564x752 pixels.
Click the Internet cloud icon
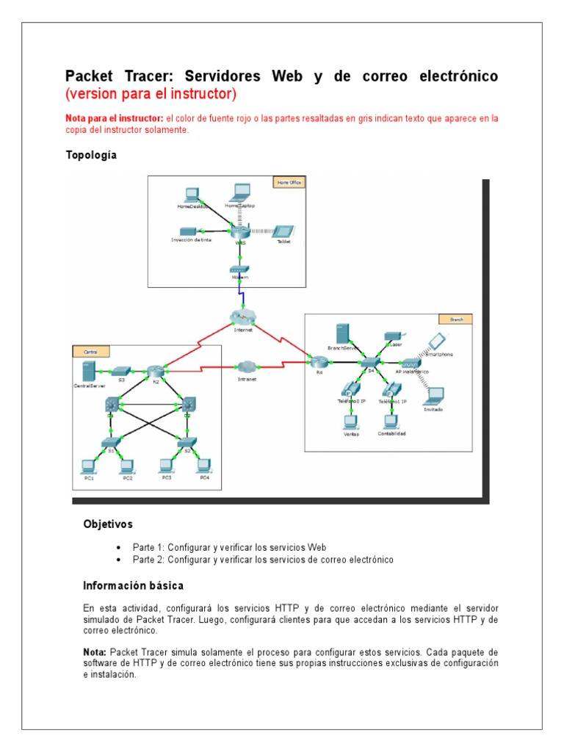242,317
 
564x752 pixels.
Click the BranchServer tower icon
341,333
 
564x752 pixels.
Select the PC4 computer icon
204,465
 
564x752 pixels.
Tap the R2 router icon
154,372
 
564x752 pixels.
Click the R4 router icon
318,362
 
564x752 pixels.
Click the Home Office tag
288,181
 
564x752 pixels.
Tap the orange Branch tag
455,319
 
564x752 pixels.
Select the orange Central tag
90,352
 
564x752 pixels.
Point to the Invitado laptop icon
433,397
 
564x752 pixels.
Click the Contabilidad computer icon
391,422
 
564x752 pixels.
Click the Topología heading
91,155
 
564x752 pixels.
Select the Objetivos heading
108,524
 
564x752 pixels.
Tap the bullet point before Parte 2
119,560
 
